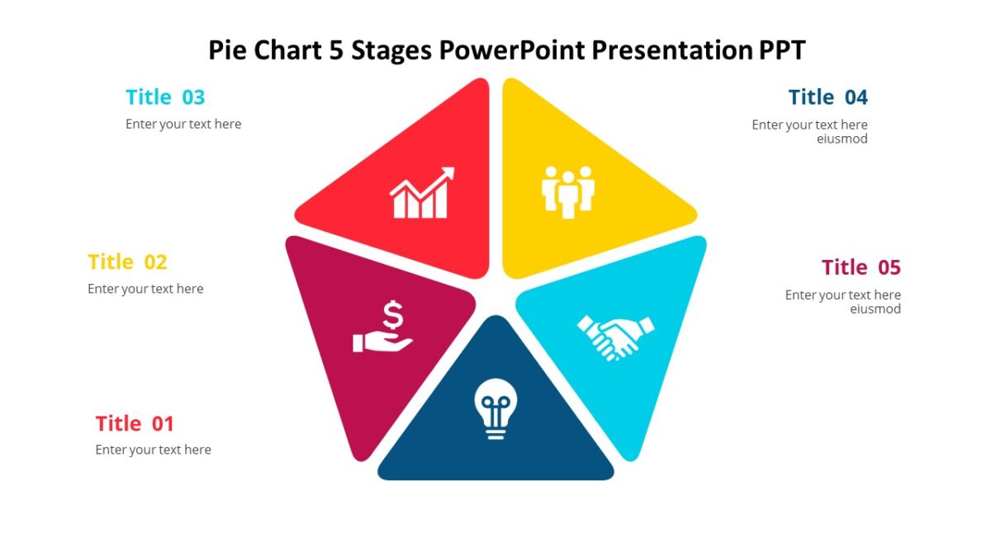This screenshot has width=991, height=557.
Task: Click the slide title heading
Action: [x=506, y=50]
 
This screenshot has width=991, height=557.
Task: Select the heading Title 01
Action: [x=135, y=424]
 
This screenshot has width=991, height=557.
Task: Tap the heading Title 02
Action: [x=127, y=262]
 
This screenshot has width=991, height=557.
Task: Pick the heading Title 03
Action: [x=165, y=97]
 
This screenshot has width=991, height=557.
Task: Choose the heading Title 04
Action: [x=827, y=97]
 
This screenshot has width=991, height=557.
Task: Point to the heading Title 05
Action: [x=861, y=267]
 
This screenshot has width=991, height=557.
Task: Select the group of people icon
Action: [x=568, y=191]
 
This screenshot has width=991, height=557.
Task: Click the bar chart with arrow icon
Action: [x=422, y=193]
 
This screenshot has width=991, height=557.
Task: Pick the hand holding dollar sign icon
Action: [x=383, y=328]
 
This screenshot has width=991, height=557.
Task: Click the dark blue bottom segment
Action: [x=495, y=458]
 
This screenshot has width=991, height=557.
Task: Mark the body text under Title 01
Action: [x=153, y=450]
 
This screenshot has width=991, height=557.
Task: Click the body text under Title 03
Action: [x=183, y=124]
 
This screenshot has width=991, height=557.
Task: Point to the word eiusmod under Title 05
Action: [x=875, y=309]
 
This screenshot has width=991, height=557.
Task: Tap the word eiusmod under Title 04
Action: [x=842, y=139]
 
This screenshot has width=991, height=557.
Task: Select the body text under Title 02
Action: [x=145, y=289]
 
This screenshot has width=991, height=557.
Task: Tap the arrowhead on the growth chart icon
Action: [x=448, y=173]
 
